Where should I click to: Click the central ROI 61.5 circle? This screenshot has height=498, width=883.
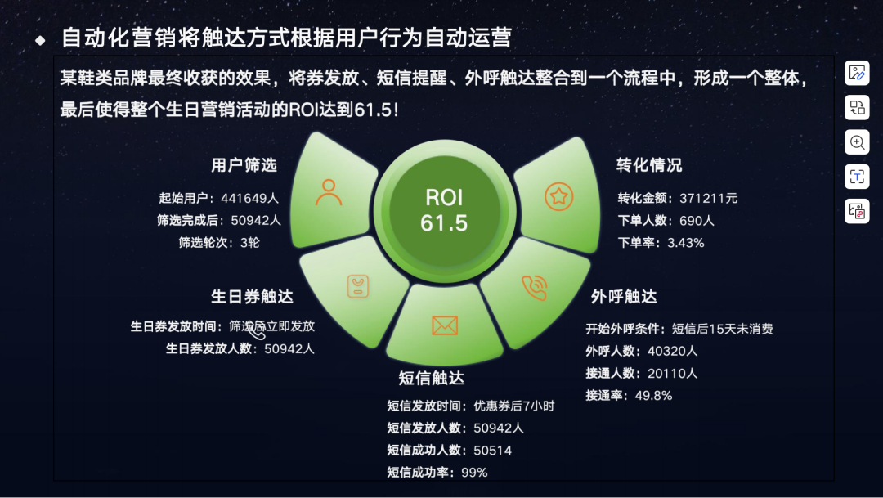(444, 210)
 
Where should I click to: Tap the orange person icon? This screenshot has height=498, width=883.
(329, 192)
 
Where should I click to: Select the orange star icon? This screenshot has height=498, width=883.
(559, 196)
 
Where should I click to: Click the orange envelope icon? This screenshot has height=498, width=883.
(444, 325)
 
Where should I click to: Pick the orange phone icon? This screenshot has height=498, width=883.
(535, 287)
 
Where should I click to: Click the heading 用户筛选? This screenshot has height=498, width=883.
(244, 165)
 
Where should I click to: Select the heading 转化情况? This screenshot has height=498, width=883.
(649, 165)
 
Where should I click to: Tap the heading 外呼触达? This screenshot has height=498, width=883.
(623, 296)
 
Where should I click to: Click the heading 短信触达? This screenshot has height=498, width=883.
(431, 378)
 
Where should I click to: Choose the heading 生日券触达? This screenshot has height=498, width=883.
(252, 296)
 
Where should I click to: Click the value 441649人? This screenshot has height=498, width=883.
(250, 198)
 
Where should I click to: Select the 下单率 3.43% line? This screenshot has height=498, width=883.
(661, 243)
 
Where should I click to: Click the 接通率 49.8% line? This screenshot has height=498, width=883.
(629, 396)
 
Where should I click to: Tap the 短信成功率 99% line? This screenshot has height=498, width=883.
(437, 472)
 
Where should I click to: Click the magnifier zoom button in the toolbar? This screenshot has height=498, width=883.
(857, 142)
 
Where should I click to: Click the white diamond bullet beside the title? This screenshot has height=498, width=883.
(40, 39)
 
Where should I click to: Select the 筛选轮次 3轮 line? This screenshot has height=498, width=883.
(219, 243)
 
